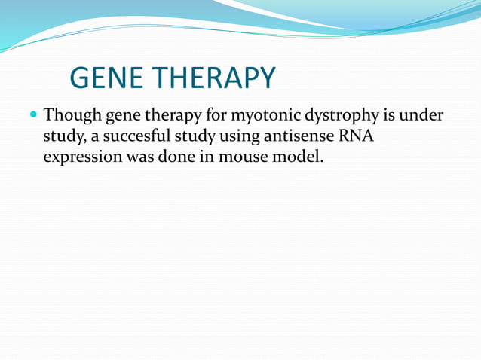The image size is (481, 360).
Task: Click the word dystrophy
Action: tap(339, 117)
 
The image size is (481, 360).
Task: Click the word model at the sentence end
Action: tap(303, 159)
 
